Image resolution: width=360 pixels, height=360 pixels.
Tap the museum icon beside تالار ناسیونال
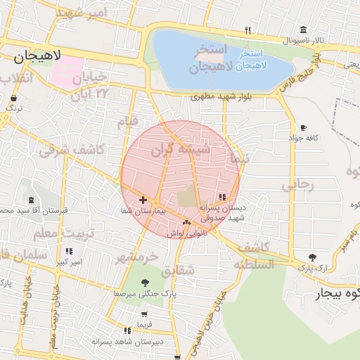(303, 30)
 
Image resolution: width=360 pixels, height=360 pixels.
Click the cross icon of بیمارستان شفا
(143, 200)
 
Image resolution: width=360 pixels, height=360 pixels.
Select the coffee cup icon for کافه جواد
(303, 128)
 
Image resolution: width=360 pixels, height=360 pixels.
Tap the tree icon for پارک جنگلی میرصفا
(145, 283)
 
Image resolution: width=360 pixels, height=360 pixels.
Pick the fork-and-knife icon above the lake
(247, 30)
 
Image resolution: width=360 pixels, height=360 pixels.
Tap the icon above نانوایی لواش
(186, 222)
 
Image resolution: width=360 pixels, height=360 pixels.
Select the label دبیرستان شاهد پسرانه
(127, 340)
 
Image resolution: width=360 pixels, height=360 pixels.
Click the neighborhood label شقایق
(177, 270)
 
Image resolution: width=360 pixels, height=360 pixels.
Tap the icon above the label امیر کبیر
(68, 251)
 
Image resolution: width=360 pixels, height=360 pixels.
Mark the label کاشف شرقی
(72, 149)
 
